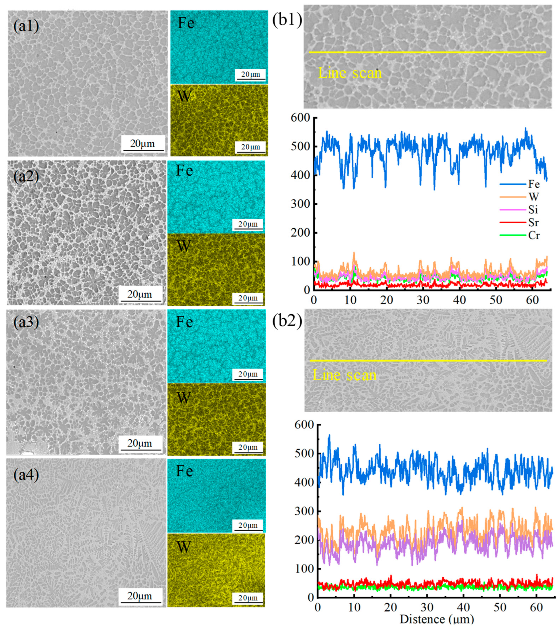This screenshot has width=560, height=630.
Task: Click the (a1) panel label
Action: pos(26,26)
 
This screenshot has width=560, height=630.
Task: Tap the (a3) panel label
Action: pos(26,322)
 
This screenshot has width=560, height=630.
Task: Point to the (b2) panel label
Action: pos(287,321)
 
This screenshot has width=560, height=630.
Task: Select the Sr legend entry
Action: pos(533,222)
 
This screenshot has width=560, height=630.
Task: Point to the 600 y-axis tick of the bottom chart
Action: pos(304,425)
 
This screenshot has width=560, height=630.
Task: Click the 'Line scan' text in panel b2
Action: pos(344,375)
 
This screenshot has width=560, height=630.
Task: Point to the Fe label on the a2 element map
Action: pos(184,171)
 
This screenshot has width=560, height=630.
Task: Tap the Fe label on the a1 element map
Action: pos(186,23)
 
